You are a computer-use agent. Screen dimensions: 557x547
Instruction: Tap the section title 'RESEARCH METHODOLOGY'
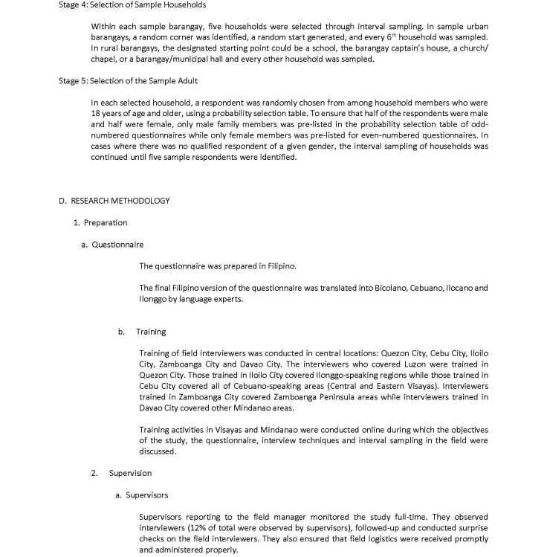[x=119, y=201]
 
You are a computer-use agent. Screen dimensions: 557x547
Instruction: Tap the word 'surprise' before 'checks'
[x=472, y=526]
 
